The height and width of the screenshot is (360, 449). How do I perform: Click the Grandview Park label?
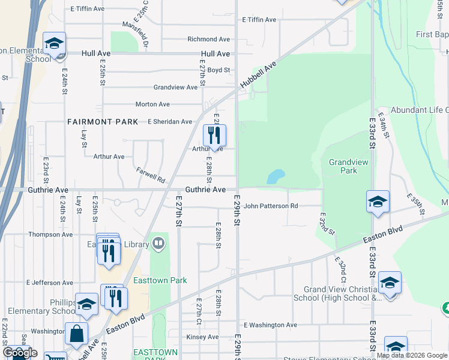point(343,166)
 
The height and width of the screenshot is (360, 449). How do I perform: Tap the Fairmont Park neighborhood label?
point(103,122)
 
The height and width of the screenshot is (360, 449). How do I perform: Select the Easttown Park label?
point(169,280)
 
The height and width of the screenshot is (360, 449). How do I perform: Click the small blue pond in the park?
point(276,176)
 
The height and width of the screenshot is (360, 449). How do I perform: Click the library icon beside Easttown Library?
point(158,243)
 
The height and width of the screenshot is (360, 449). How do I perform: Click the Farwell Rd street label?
point(150,175)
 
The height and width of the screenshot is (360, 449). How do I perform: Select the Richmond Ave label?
point(209,40)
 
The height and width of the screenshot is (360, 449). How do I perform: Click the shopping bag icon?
point(77,334)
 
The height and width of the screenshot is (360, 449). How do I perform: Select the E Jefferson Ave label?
point(50,283)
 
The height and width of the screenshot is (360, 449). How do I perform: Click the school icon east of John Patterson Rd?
point(378,202)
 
